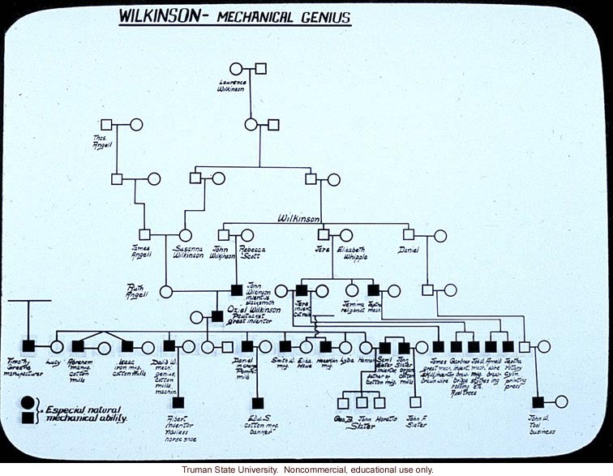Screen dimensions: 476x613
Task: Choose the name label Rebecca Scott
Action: (x=251, y=253)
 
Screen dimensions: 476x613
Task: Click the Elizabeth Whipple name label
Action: (x=349, y=253)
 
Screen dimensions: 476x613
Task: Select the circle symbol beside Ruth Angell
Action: (x=167, y=289)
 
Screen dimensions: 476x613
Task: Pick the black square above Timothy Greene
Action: (x=28, y=346)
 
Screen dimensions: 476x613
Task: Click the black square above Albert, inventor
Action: (x=178, y=402)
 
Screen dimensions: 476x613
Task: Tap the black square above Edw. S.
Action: (x=258, y=402)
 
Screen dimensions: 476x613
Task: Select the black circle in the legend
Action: (x=28, y=401)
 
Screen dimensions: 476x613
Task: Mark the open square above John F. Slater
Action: (x=416, y=401)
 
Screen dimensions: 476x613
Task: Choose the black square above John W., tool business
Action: (x=538, y=401)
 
